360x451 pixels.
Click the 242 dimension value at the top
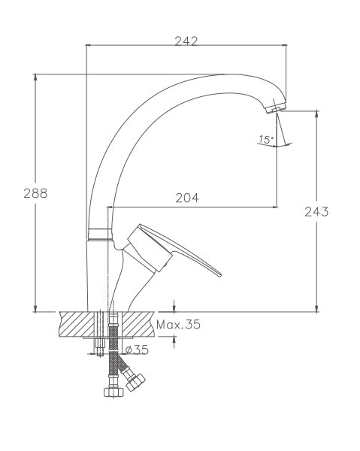click(x=186, y=41)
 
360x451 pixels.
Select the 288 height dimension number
click(x=35, y=193)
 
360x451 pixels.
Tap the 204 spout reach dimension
click(x=187, y=198)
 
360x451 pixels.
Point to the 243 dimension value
click(x=316, y=212)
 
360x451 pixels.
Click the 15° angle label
click(x=265, y=140)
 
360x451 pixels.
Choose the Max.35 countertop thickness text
click(x=178, y=325)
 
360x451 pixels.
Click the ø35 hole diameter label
click(x=137, y=350)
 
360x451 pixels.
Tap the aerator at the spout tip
click(x=275, y=108)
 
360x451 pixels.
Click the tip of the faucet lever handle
click(x=220, y=274)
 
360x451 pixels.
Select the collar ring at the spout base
click(x=99, y=234)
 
